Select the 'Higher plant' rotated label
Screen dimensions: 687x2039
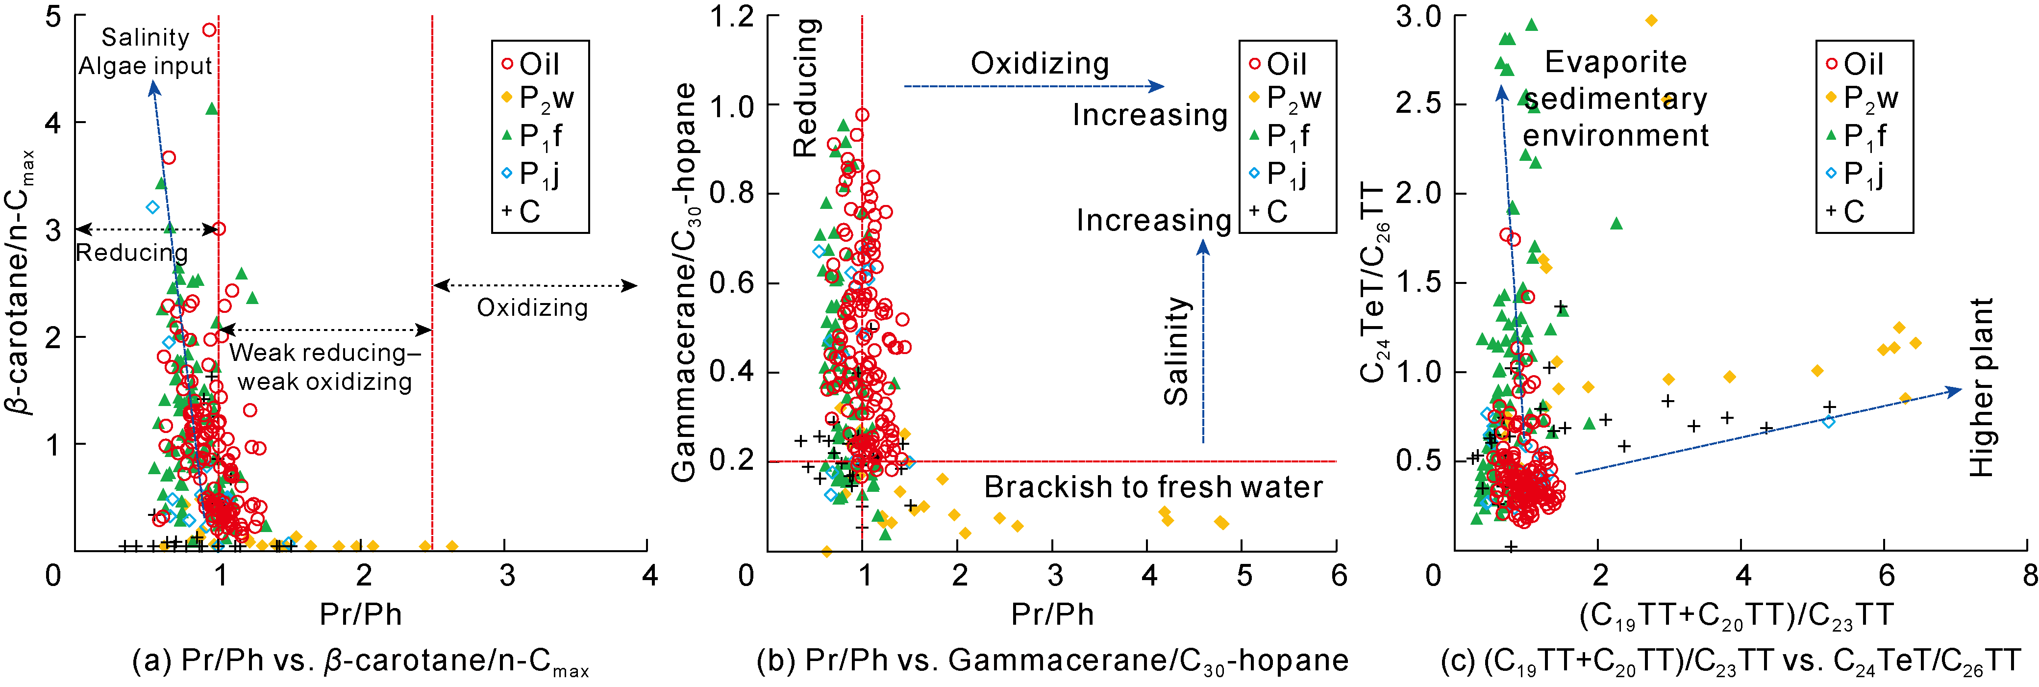pos(1981,388)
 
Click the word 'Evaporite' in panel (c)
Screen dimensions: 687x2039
pos(1616,62)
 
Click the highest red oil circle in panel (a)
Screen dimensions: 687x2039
pos(210,30)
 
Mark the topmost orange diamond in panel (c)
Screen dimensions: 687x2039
pos(1651,21)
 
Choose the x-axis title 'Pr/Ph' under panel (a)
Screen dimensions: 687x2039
pos(360,614)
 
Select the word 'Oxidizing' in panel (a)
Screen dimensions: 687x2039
pos(532,308)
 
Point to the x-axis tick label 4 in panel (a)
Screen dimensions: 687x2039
pos(650,575)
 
